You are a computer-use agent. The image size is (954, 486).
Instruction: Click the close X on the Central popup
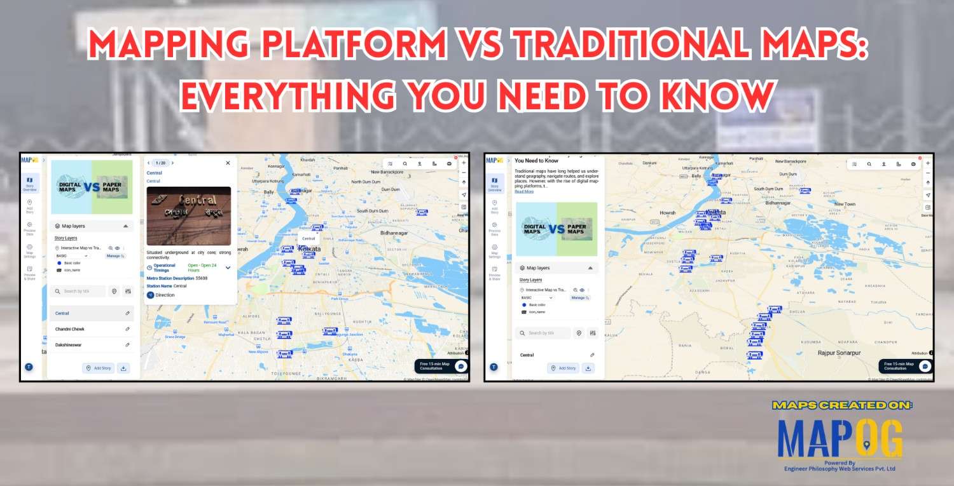point(228,163)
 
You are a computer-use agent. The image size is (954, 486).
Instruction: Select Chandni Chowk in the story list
point(70,329)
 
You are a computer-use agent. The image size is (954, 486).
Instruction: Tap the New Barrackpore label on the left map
point(388,172)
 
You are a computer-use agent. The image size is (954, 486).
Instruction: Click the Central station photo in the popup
point(188,216)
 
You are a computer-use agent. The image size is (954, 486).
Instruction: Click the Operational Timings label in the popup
point(165,267)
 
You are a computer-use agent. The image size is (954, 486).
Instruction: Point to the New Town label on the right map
point(845,204)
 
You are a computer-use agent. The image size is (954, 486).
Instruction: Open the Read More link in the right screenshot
point(524,191)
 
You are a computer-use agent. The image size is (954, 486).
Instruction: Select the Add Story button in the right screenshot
point(563,368)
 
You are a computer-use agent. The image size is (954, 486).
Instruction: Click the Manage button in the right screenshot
point(579,297)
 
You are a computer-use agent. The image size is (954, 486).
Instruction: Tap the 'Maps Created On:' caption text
point(842,405)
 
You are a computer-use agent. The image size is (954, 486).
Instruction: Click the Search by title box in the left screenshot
point(78,291)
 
